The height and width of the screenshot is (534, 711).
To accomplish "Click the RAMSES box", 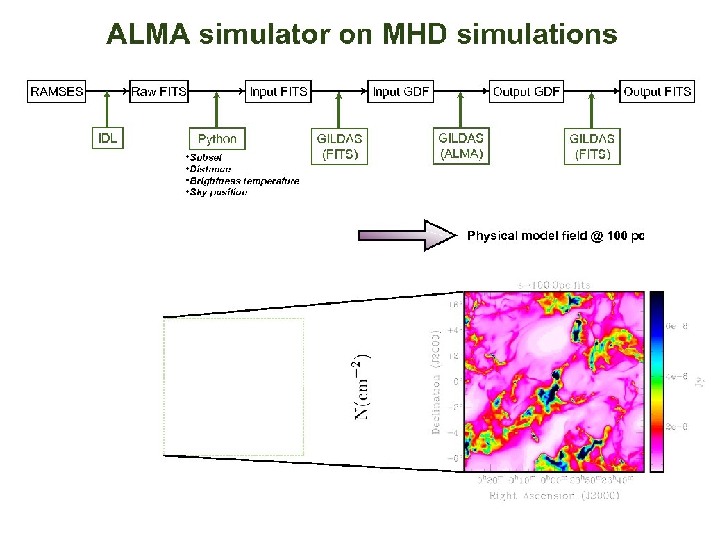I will click(x=57, y=92).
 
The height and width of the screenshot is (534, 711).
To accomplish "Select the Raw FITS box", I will click(x=159, y=92).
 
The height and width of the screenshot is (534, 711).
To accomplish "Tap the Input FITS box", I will click(x=278, y=92).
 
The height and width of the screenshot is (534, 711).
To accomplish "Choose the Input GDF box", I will click(x=401, y=92).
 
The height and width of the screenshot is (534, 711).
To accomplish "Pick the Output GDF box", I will click(x=526, y=92).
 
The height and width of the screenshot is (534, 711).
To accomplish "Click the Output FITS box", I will click(x=657, y=92).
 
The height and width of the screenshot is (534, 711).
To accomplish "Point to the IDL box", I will click(x=108, y=138).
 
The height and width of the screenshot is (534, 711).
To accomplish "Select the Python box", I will click(x=217, y=138).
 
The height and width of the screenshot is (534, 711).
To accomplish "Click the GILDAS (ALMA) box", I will click(x=461, y=145).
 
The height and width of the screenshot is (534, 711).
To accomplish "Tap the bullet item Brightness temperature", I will click(x=244, y=181).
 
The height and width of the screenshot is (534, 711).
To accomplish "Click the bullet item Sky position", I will click(x=218, y=193).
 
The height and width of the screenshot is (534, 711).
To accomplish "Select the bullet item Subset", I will click(x=206, y=157).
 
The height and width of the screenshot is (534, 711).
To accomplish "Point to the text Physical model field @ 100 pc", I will click(x=555, y=236).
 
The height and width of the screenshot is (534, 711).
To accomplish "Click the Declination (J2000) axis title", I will click(x=436, y=381).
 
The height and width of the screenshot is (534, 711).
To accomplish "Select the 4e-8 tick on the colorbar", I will click(x=676, y=376).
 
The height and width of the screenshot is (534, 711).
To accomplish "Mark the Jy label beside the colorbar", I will click(x=700, y=381).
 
